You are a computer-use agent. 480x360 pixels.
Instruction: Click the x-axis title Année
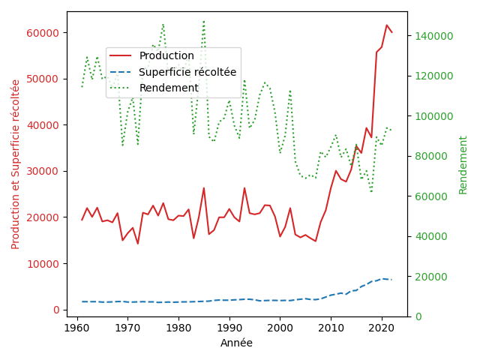click(x=237, y=343)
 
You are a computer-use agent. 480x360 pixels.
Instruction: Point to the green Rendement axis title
click(x=463, y=165)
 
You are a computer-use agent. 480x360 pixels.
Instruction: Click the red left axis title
click(x=15, y=164)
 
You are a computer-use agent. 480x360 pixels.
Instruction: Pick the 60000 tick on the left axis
click(x=43, y=33)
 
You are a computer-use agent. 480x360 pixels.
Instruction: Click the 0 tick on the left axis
click(x=56, y=310)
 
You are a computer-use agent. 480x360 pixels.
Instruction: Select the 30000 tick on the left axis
click(x=43, y=171)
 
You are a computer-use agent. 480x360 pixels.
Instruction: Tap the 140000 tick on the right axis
click(x=433, y=36)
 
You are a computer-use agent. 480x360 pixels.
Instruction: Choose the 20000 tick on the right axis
click(x=431, y=277)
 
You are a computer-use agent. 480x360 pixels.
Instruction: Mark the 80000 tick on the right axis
click(x=431, y=156)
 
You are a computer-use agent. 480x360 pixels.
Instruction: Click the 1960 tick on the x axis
click(x=76, y=328)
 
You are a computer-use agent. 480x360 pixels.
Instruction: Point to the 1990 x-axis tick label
click(x=229, y=328)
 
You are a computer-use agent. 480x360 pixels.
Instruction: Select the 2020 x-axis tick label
click(x=382, y=328)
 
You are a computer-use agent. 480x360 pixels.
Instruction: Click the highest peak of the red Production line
click(x=387, y=25)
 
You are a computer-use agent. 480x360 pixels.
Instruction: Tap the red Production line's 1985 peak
click(x=203, y=188)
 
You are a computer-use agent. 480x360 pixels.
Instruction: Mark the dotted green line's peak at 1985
click(x=203, y=22)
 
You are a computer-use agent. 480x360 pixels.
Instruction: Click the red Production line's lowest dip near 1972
click(x=138, y=244)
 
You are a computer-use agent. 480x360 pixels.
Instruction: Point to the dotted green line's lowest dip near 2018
click(x=371, y=192)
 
